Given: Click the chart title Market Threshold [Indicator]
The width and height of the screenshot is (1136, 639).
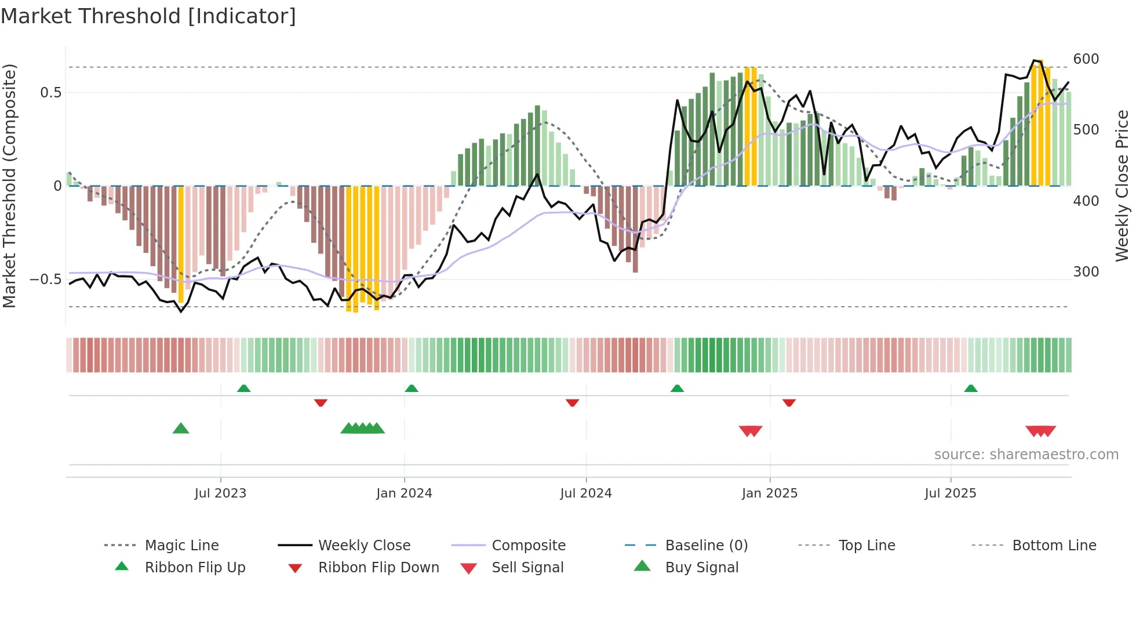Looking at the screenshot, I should [148, 16].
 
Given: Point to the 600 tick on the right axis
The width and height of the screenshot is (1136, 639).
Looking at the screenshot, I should [1086, 59].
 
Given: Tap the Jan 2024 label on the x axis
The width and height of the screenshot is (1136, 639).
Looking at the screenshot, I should [404, 493].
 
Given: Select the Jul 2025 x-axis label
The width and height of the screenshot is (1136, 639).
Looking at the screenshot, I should [950, 493].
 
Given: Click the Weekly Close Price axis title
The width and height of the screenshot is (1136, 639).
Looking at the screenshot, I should [1122, 186].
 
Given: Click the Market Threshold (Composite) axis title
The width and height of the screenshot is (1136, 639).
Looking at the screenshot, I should [9, 186].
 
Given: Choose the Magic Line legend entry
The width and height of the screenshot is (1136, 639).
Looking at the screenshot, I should [181, 546].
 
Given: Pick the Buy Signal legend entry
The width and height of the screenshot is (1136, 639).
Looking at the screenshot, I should [701, 568].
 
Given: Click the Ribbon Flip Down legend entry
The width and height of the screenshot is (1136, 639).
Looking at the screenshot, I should [378, 568].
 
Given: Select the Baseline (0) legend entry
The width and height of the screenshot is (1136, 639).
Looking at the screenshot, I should [706, 546].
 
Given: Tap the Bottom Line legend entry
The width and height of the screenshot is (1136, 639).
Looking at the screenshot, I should [1054, 546].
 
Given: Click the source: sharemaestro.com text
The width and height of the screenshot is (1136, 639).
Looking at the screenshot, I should [1026, 455].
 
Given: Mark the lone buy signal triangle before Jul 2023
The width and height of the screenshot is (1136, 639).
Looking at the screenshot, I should [181, 429].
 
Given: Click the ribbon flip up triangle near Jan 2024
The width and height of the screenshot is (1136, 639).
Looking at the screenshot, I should [412, 389].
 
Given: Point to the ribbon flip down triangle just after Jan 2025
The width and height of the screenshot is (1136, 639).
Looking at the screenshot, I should [789, 402].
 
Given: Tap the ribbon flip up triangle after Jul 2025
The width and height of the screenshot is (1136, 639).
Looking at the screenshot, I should [971, 389].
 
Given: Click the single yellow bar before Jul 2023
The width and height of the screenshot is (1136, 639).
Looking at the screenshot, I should [181, 244].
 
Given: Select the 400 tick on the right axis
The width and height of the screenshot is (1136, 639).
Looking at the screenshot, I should [1086, 201].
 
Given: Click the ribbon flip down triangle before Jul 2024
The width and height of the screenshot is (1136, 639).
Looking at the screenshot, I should [572, 402].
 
